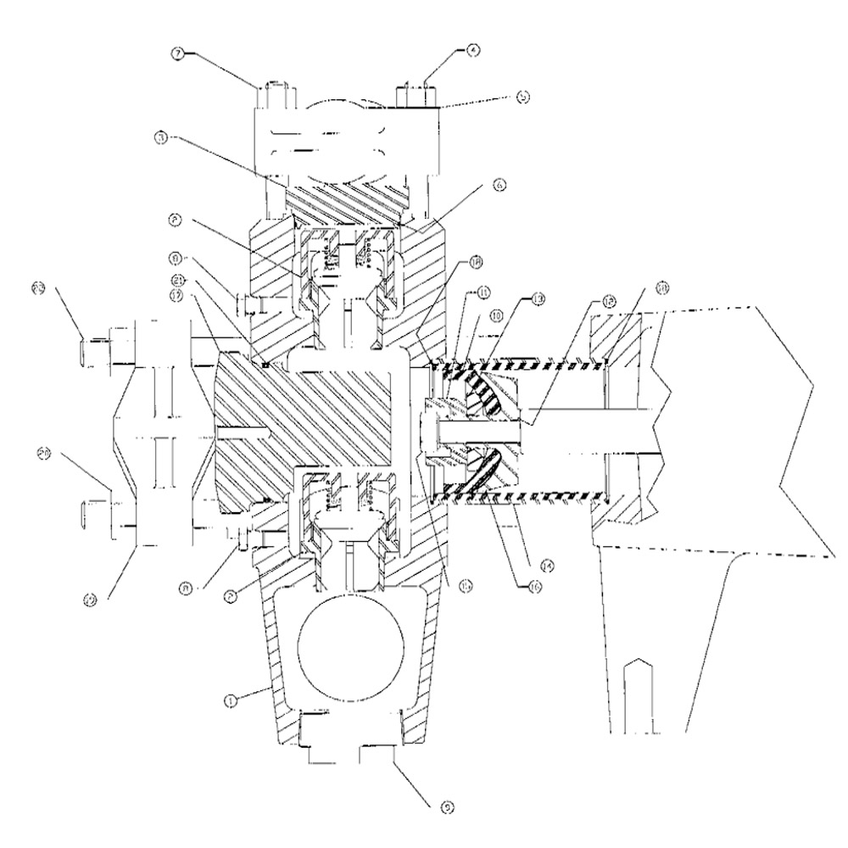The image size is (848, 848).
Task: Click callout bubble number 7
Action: pos(180,53)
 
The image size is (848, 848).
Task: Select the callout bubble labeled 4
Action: pos(472,49)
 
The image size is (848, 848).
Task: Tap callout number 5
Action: pos(522,97)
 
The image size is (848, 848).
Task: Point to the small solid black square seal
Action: pos(265,366)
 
